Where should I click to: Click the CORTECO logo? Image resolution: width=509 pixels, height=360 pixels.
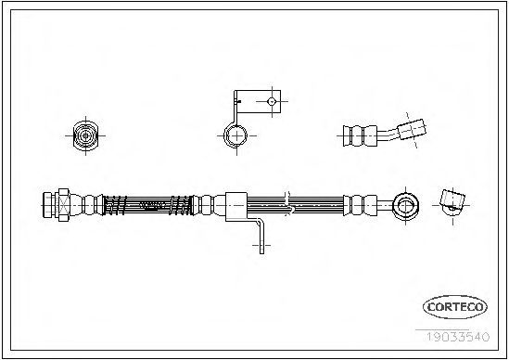pyautogui.click(x=455, y=307)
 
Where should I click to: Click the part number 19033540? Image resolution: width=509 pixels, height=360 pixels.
pyautogui.click(x=457, y=337)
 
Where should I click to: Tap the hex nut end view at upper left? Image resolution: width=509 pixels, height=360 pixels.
pyautogui.click(x=85, y=135)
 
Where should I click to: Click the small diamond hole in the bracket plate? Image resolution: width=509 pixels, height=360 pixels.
pyautogui.click(x=272, y=102)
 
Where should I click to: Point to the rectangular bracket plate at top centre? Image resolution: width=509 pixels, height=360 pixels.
pyautogui.click(x=259, y=101)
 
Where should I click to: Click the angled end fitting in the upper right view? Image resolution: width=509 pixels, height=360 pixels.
pyautogui.click(x=412, y=129)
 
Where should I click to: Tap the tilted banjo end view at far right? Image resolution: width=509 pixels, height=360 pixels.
pyautogui.click(x=452, y=202)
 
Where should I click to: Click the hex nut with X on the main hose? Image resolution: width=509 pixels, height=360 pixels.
pyautogui.click(x=64, y=205)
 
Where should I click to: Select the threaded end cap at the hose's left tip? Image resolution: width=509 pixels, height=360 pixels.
pyautogui.click(x=49, y=205)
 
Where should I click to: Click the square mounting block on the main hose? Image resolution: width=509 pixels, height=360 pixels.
pyautogui.click(x=236, y=207)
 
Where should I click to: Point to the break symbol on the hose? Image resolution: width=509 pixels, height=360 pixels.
pyautogui.click(x=288, y=204)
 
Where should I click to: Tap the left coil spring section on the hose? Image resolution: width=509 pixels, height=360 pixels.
pyautogui.click(x=114, y=205)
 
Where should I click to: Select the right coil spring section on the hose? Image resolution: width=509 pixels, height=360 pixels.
pyautogui.click(x=181, y=205)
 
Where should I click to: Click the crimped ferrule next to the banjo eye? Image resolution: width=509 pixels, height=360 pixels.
pyautogui.click(x=361, y=205)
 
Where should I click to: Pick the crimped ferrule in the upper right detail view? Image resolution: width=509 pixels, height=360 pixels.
pyautogui.click(x=360, y=135)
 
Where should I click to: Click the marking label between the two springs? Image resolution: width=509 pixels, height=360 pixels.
pyautogui.click(x=153, y=205)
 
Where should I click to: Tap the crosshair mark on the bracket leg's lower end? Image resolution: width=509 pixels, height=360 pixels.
pyautogui.click(x=261, y=245)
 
